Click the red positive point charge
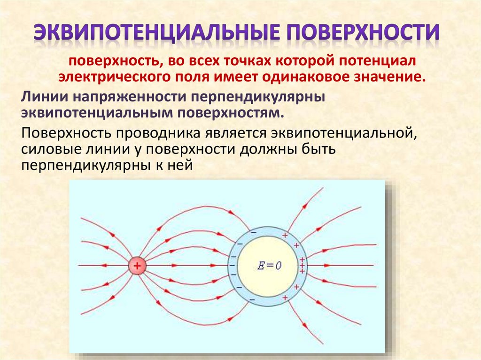click(137, 266)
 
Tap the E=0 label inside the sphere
click(270, 265)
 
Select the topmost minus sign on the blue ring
click(253, 232)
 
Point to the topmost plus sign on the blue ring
click(284, 234)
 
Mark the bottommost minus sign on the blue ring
click(252, 299)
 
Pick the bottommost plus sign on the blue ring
click(284, 298)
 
